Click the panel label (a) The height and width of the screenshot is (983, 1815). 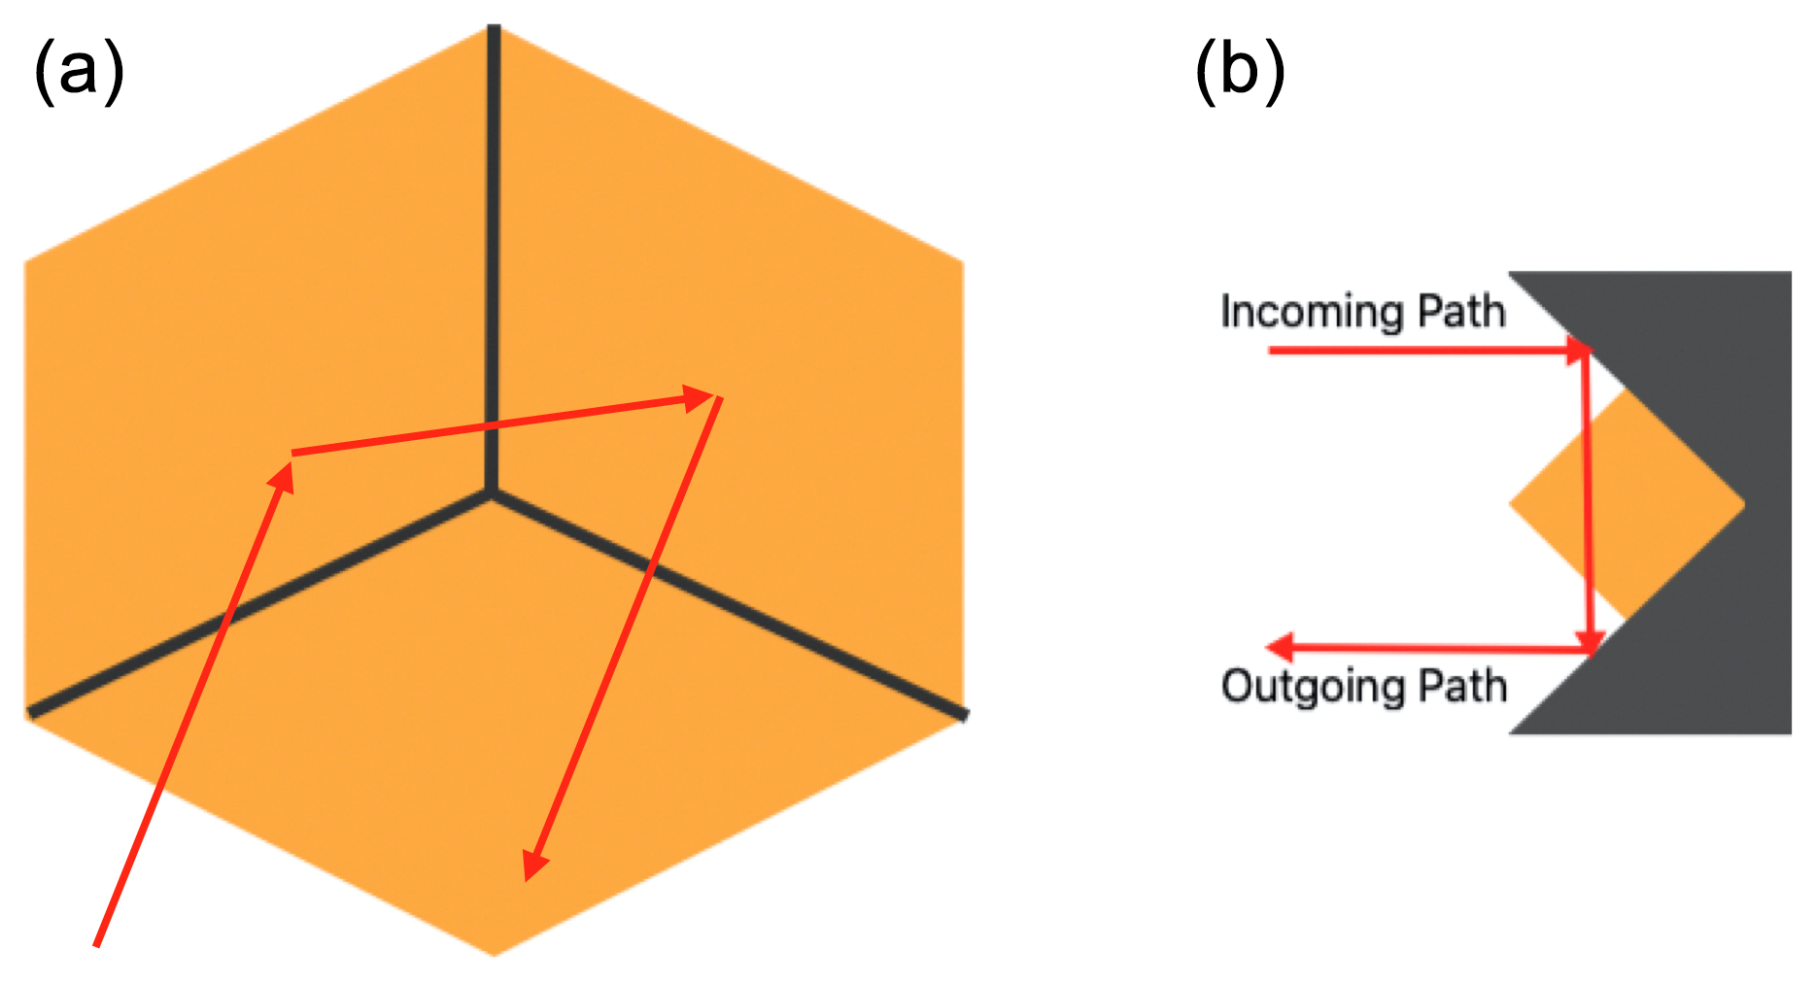[x=79, y=72]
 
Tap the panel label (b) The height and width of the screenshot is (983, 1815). [x=1240, y=72]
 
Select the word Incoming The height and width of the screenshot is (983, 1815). [x=1312, y=313]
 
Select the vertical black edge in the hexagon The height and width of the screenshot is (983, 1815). [x=494, y=253]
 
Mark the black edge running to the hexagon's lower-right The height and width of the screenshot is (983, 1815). [x=729, y=604]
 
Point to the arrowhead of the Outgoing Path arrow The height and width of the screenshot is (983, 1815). [x=1281, y=646]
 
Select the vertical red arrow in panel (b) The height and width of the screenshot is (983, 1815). [x=1588, y=500]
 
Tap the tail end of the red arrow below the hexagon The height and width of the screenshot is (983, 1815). [x=96, y=943]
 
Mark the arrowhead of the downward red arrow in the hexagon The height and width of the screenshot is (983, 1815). [x=532, y=865]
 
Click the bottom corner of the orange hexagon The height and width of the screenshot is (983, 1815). [x=494, y=954]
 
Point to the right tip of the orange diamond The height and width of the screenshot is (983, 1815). [x=1743, y=503]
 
